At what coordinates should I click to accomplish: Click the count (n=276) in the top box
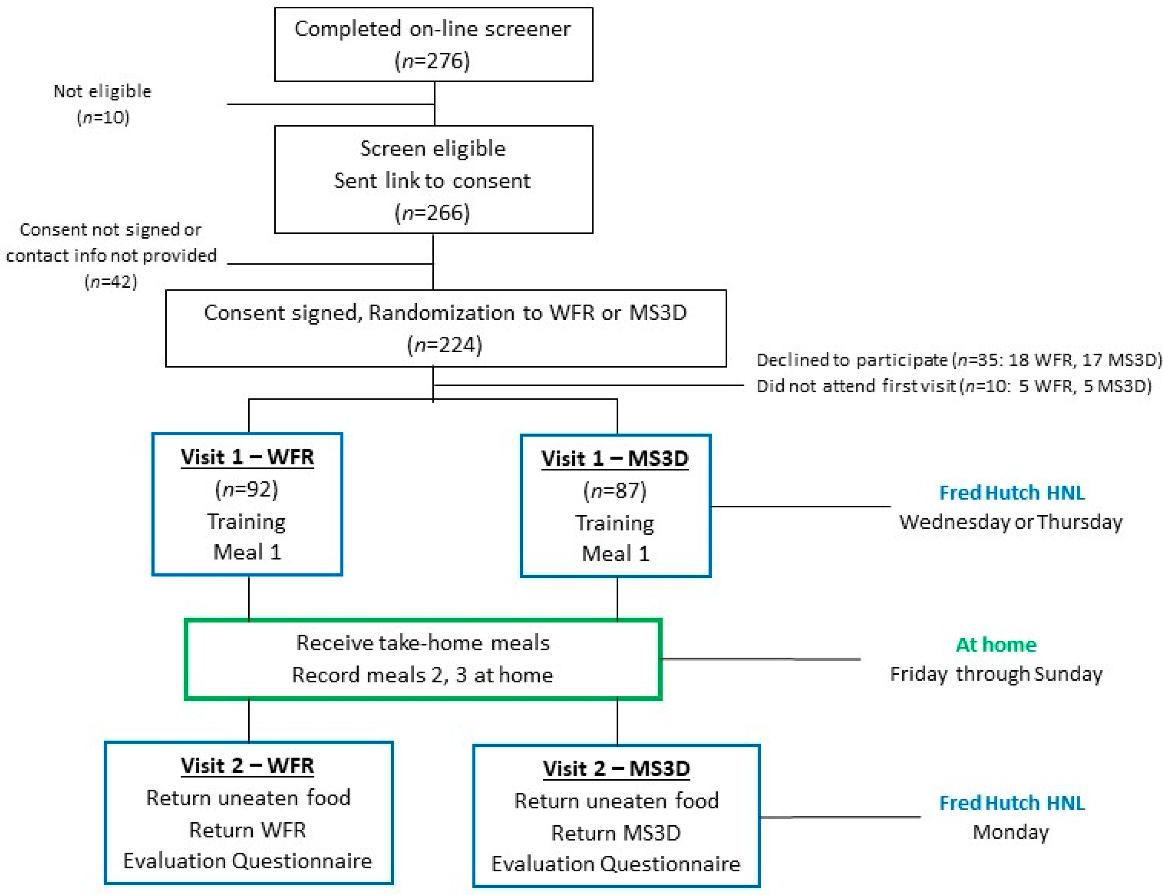[x=432, y=61]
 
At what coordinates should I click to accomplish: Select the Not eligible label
[x=102, y=91]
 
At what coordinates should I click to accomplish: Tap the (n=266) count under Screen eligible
[x=432, y=213]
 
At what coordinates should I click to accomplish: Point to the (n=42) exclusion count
[x=111, y=281]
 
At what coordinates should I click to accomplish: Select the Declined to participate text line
[x=958, y=360]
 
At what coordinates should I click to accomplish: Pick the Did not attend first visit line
[x=953, y=386]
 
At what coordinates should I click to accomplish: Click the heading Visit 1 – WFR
[x=247, y=457]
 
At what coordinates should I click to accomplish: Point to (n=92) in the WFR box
[x=246, y=489]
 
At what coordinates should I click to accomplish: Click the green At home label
[x=996, y=645]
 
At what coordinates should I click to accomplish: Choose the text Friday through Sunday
[x=996, y=674]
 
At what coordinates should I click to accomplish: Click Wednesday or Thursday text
[x=1010, y=522]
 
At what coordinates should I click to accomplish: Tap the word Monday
[x=1010, y=831]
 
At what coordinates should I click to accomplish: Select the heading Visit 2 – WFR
[x=247, y=766]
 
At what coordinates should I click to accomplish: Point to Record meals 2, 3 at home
[x=423, y=675]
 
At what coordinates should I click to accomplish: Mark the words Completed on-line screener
[x=432, y=29]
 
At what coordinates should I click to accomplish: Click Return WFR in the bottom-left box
[x=248, y=830]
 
